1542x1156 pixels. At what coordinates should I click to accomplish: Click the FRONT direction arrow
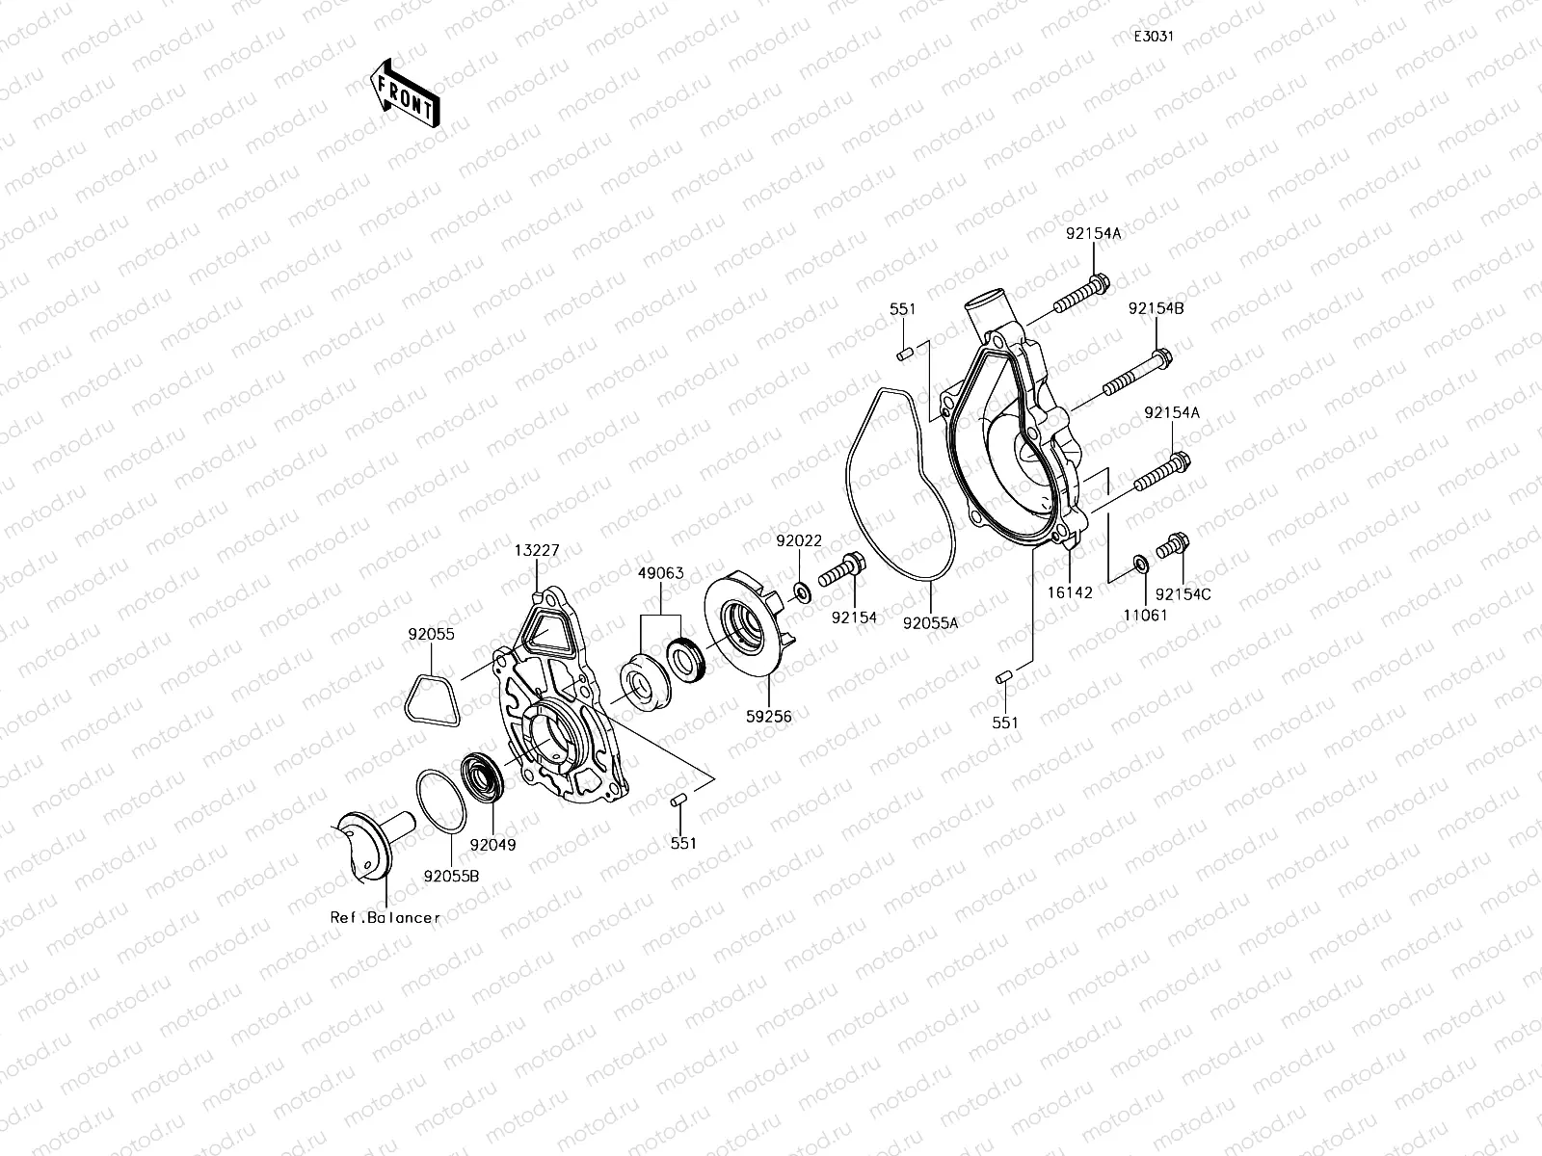[403, 92]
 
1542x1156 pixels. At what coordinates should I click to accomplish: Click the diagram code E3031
[1153, 37]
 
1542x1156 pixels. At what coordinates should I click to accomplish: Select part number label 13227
[536, 550]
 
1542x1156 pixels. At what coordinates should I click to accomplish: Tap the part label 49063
[660, 573]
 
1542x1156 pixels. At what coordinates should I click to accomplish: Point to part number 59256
[768, 717]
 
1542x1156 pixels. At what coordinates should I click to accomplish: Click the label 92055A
[930, 622]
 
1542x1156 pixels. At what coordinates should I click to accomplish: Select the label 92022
[799, 541]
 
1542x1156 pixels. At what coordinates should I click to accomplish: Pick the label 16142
[1070, 593]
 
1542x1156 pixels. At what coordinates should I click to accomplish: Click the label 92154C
[1183, 594]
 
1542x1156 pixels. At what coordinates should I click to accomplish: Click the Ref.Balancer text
[385, 917]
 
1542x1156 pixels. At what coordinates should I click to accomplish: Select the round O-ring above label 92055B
[441, 799]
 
